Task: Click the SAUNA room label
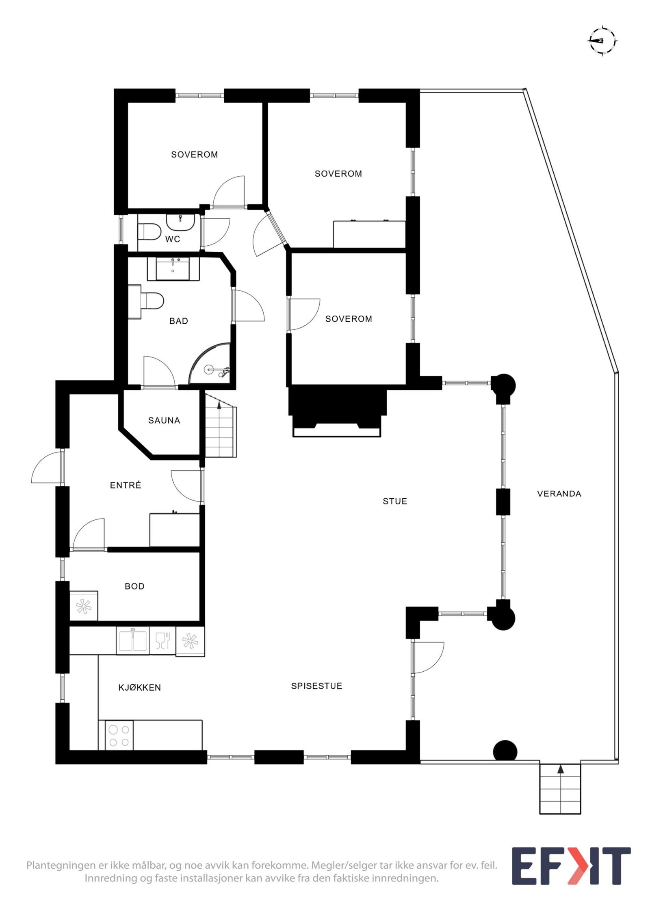(x=164, y=420)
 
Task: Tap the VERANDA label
(x=559, y=494)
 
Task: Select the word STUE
(x=394, y=501)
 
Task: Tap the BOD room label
(x=134, y=586)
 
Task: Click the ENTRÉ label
(x=126, y=485)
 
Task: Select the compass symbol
(x=602, y=41)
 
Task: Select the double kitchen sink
(x=132, y=640)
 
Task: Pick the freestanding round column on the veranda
(x=505, y=750)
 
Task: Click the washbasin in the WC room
(x=180, y=222)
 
